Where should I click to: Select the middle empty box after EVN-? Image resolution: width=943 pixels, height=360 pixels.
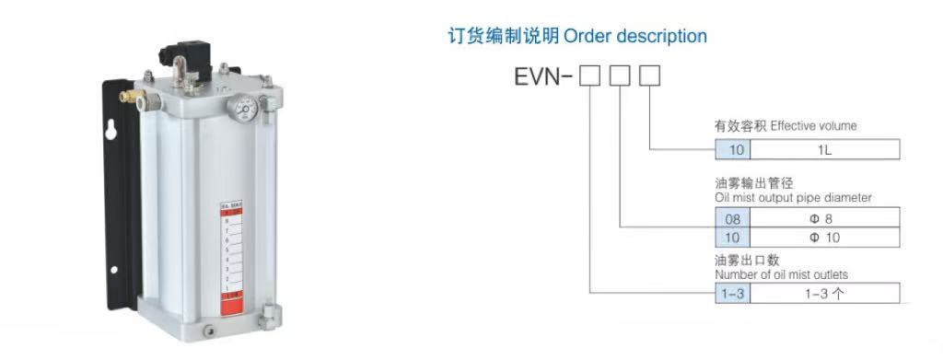point(620,75)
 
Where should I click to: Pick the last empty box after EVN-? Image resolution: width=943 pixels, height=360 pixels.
point(650,75)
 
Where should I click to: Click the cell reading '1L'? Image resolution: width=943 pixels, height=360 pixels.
point(825,147)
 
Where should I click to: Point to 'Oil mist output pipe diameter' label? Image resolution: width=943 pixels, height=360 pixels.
point(792,197)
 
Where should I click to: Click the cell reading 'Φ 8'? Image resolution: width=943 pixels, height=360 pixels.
point(825,219)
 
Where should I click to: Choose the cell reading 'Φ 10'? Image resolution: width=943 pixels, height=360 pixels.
point(825,238)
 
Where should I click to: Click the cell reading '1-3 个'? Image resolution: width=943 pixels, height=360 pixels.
point(825,294)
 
